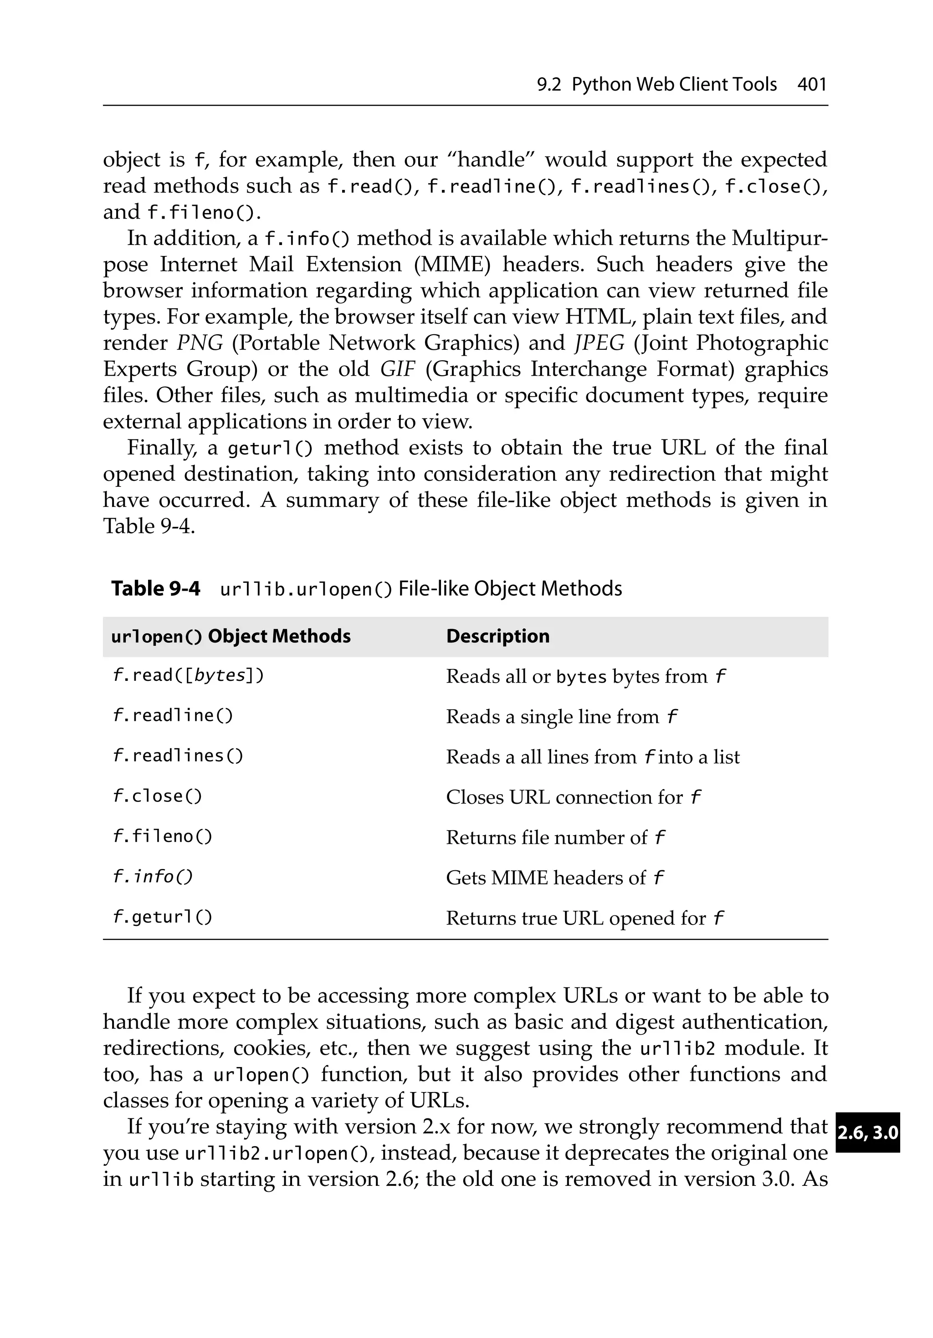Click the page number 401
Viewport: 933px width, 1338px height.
[x=812, y=85]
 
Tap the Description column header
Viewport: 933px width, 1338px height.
[x=497, y=636]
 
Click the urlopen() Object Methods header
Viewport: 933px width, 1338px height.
[x=231, y=636]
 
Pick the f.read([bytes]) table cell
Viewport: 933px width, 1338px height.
[x=188, y=675]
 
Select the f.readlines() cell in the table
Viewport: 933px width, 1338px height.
[x=177, y=756]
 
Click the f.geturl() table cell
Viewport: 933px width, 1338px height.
[x=162, y=917]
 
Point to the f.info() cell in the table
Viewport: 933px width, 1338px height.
[x=152, y=877]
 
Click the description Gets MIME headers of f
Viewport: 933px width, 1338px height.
[x=554, y=878]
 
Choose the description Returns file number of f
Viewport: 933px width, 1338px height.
[x=555, y=838]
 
